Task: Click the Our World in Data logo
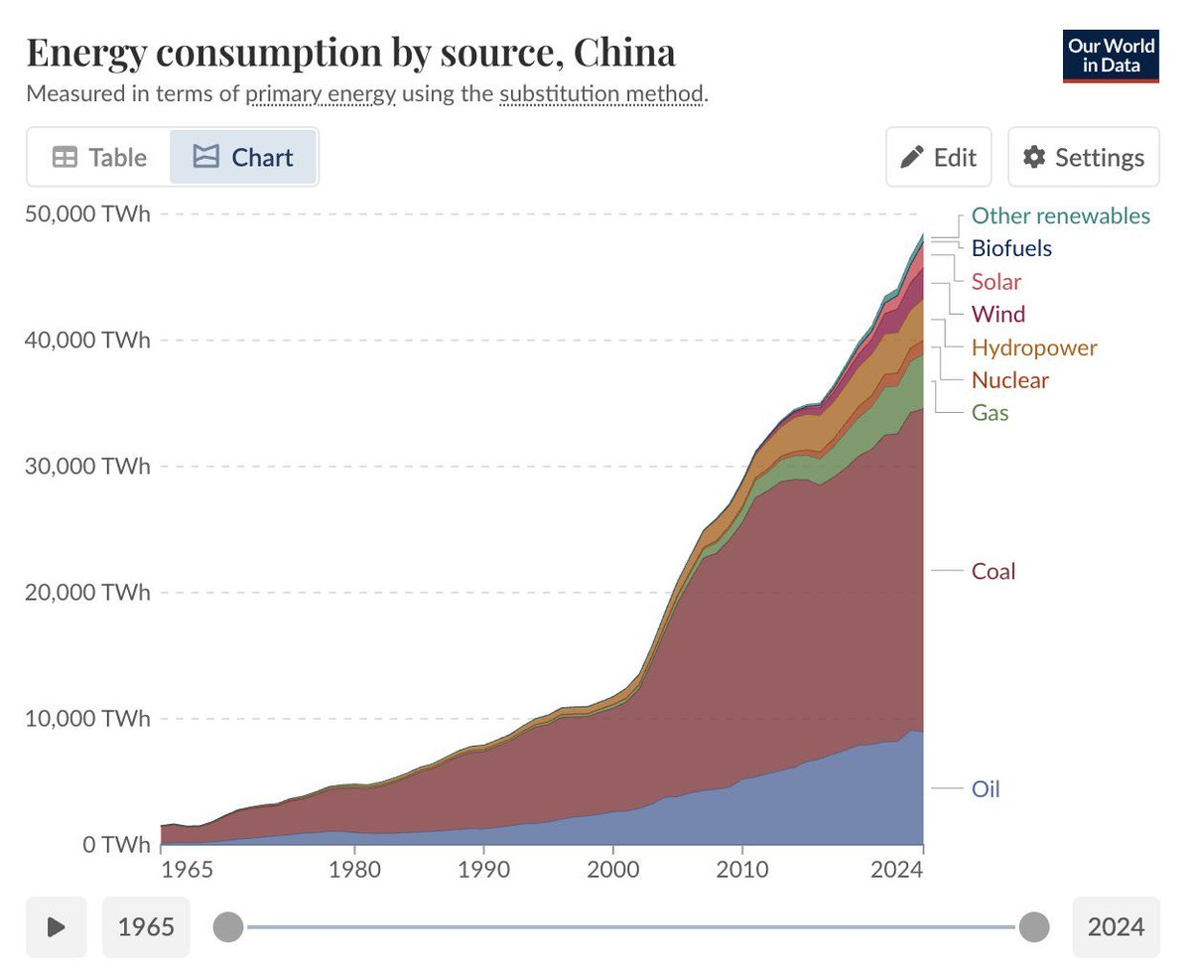1111,57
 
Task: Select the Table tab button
99,157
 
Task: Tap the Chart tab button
243,157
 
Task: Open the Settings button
1084,157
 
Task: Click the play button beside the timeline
57,926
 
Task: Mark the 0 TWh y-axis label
116,845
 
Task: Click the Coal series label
993,571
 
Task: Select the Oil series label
986,789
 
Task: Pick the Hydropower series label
1034,347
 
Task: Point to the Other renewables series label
1060,215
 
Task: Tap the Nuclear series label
1009,379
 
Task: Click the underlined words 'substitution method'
601,94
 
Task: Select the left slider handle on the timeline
228,926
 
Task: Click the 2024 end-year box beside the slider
1116,926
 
